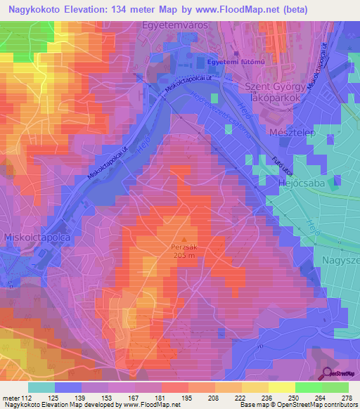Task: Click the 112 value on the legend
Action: point(26,398)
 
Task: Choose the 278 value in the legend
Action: point(344,398)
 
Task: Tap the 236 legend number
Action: point(262,398)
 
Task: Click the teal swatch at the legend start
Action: point(41,387)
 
